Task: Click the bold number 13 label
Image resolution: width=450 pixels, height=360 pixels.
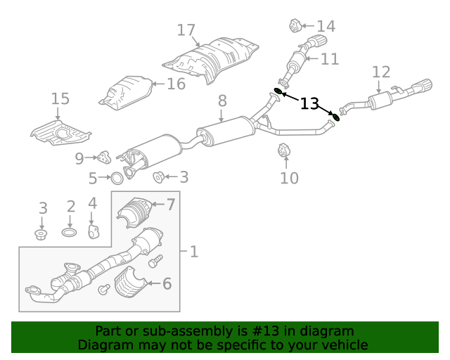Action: tap(309, 104)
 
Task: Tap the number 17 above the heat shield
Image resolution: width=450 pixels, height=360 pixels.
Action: tap(186, 30)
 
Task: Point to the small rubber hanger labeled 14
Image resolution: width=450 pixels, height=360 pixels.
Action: tap(295, 27)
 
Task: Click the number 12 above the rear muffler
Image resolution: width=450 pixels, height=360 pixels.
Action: tap(380, 72)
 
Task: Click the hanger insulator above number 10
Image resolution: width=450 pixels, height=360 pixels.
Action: tap(284, 151)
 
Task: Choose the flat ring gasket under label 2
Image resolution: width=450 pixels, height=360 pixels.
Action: tap(70, 231)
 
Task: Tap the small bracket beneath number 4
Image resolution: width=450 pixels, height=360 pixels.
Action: tap(92, 231)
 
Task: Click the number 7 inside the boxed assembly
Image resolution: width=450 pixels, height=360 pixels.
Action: tap(169, 205)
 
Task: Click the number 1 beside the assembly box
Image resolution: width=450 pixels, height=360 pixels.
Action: tap(193, 251)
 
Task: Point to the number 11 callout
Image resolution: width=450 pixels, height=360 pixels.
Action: tap(330, 59)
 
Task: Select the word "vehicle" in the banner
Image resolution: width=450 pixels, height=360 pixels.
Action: tap(345, 345)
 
